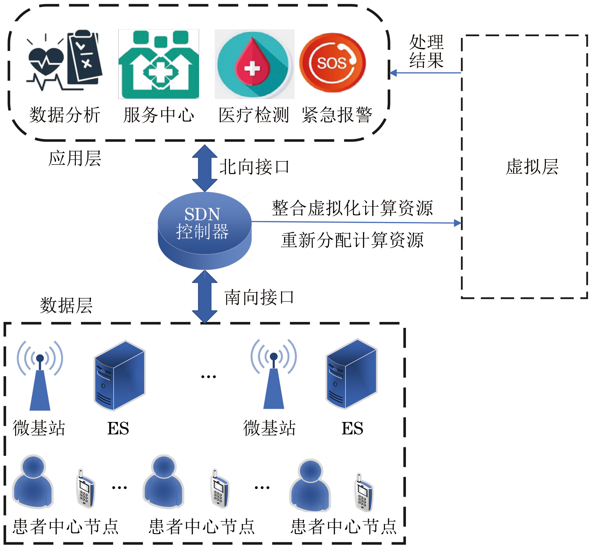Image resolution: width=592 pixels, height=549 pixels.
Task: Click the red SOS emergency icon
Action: [332, 63]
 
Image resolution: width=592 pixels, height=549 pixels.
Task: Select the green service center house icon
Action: [159, 64]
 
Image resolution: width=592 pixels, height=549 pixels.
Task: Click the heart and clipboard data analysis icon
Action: [64, 60]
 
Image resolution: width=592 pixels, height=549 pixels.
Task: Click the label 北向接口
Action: [254, 167]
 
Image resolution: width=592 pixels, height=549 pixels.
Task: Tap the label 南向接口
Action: [259, 297]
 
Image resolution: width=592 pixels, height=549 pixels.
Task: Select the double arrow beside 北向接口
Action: [205, 168]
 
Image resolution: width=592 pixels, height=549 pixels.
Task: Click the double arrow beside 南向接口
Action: [205, 297]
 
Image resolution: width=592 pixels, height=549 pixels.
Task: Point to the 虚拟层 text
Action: [532, 167]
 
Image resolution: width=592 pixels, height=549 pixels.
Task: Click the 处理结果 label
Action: [426, 51]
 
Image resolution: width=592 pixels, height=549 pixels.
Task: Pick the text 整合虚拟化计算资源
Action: [352, 208]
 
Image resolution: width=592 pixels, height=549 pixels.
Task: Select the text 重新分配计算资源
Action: [352, 240]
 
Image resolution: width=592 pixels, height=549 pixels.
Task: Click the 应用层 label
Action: [75, 158]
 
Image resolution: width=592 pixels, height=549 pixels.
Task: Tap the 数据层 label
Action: [66, 305]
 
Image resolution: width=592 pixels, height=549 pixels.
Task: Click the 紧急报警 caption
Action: [337, 115]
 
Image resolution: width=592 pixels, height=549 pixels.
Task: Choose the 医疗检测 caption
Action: [254, 115]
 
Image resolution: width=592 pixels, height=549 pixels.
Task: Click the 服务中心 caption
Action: [159, 115]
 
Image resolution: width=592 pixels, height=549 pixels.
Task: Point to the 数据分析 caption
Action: [65, 115]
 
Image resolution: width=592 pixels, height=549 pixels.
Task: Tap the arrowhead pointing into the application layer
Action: [393, 73]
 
